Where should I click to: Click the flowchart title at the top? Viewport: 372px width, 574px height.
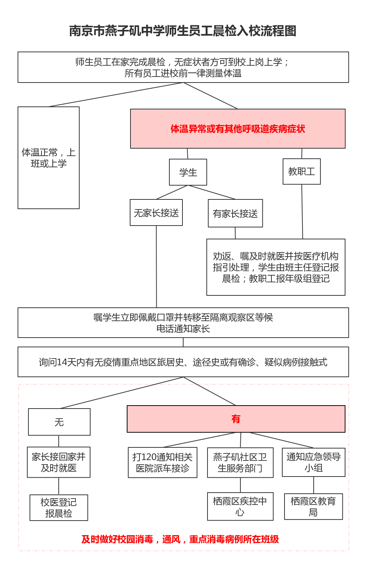pyautogui.click(x=183, y=31)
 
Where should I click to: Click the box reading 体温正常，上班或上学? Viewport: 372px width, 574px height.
pyautogui.click(x=49, y=158)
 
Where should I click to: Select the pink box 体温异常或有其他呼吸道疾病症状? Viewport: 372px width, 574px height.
pyautogui.click(x=238, y=129)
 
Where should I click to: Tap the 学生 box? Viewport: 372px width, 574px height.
pyautogui.click(x=188, y=172)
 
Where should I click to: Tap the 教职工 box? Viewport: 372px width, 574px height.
pyautogui.click(x=302, y=171)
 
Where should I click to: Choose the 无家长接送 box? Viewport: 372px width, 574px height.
pyautogui.click(x=156, y=213)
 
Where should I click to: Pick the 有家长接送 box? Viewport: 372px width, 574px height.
pyautogui.click(x=235, y=214)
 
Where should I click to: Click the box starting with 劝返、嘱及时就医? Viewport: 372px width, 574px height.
pyautogui.click(x=276, y=267)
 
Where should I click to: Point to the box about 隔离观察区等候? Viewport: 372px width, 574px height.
pyautogui.click(x=183, y=323)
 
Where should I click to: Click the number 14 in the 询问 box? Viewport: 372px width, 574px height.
pyautogui.click(x=62, y=362)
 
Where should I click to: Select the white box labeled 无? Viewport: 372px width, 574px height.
pyautogui.click(x=59, y=422)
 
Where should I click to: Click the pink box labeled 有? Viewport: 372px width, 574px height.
pyautogui.click(x=236, y=419)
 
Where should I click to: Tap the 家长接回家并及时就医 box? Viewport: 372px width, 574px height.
pyautogui.click(x=59, y=462)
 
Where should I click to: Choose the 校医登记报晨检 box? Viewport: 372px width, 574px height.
pyautogui.click(x=59, y=508)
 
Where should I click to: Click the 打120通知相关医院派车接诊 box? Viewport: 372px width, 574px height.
pyautogui.click(x=163, y=463)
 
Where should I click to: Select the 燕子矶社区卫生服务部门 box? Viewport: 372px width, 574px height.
pyautogui.click(x=240, y=463)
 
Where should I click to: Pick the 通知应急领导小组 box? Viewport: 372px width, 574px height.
pyautogui.click(x=314, y=462)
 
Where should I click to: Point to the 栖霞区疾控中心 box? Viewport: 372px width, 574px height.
pyautogui.click(x=240, y=506)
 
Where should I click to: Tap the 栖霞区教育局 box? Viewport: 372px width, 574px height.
pyautogui.click(x=313, y=507)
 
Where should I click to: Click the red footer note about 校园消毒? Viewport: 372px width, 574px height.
pyautogui.click(x=180, y=539)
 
